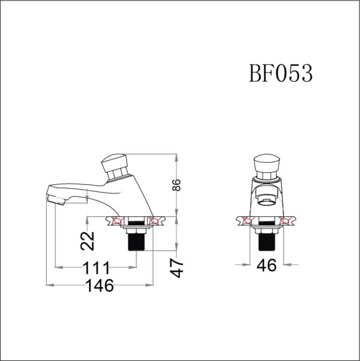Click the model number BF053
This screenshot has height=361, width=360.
[280, 74]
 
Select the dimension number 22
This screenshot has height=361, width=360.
[88, 240]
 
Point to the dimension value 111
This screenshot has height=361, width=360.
[94, 267]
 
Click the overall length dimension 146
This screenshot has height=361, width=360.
[97, 285]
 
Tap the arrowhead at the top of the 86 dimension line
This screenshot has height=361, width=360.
[176, 158]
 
